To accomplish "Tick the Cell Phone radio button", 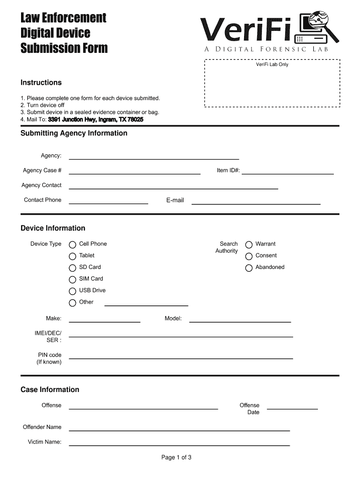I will click(72, 245).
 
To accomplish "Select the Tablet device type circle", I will click(72, 256).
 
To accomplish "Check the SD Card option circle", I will click(72, 268).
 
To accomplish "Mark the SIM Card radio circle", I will click(72, 280).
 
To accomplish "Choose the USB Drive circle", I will click(72, 291).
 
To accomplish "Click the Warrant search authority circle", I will click(249, 245).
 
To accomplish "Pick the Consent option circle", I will click(249, 256).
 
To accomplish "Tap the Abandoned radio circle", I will click(249, 268).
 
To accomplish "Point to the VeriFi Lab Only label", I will click(272, 65).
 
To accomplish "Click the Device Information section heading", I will click(53, 228).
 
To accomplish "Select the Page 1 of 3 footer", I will click(176, 457).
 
